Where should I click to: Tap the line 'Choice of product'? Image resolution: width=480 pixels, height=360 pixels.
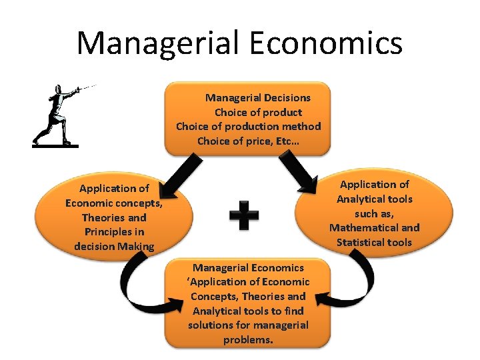[x=257, y=112]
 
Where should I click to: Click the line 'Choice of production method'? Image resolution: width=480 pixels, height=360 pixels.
[x=248, y=126]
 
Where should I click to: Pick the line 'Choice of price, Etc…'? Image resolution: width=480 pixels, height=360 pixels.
[x=248, y=141]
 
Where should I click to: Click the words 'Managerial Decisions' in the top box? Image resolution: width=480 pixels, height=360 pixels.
[x=257, y=97]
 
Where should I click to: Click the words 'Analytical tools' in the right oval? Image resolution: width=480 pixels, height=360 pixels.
[x=374, y=199]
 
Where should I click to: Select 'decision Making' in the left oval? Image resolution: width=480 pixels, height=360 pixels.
[x=114, y=247]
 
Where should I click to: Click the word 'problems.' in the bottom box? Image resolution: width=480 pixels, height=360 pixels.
[x=248, y=339]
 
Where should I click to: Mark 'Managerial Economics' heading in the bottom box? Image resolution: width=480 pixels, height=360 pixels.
[x=248, y=268]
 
